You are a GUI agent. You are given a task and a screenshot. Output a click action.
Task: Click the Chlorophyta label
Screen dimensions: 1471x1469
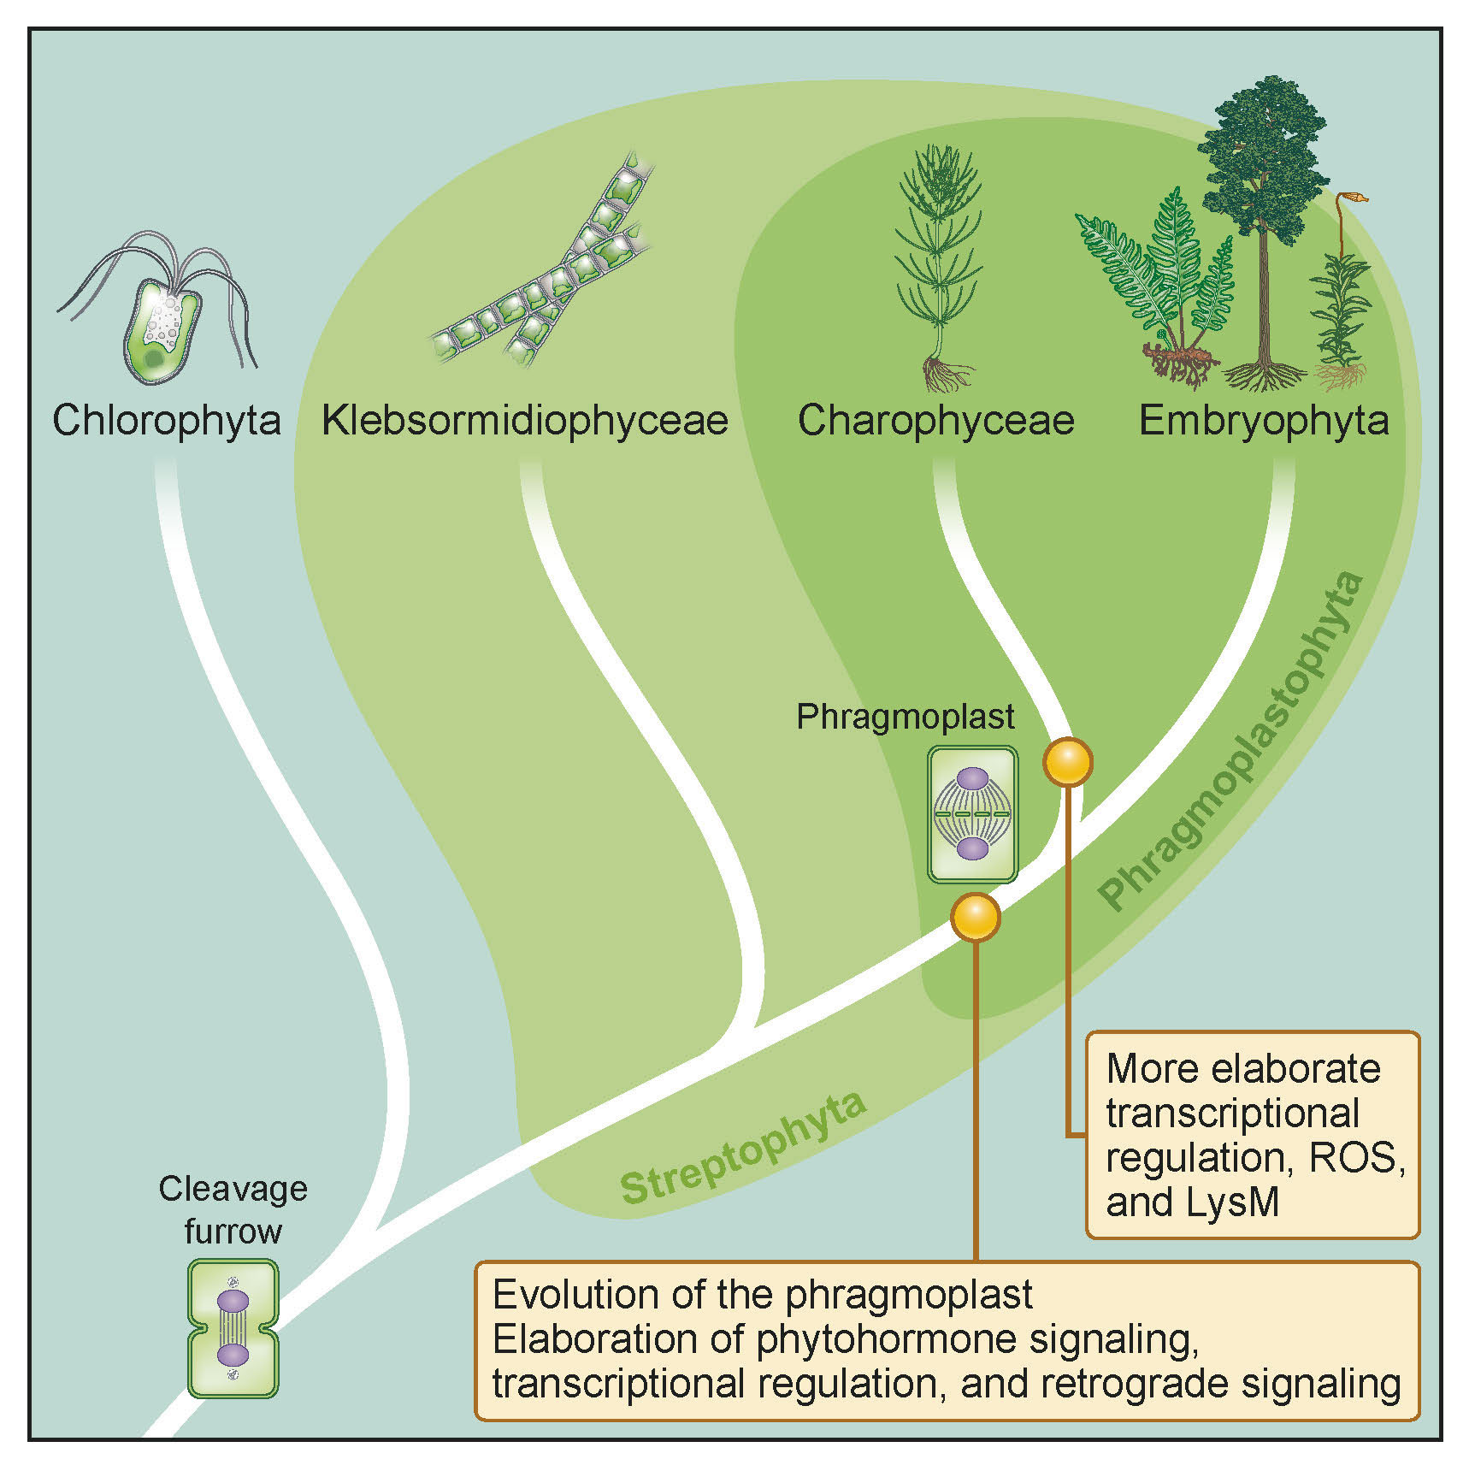click(x=167, y=421)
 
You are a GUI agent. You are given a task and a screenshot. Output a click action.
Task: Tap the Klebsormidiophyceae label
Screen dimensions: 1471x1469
click(x=525, y=421)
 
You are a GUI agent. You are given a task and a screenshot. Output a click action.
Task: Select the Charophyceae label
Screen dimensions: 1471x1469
click(x=935, y=421)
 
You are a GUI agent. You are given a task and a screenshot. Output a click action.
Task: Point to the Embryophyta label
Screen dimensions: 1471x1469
click(x=1264, y=421)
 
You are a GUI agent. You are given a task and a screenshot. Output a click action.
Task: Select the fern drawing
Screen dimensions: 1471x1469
click(x=1154, y=282)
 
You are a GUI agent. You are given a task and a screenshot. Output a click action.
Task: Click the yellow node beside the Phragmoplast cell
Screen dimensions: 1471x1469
click(x=976, y=916)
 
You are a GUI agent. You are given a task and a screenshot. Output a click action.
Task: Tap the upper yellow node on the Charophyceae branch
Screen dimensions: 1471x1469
click(x=1068, y=761)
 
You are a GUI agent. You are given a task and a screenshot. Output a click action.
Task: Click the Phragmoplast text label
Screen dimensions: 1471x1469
click(x=905, y=717)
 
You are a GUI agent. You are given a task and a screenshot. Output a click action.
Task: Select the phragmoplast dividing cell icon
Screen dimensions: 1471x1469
click(x=972, y=814)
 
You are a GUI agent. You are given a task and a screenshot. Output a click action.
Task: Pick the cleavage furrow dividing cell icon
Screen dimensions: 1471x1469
click(x=233, y=1328)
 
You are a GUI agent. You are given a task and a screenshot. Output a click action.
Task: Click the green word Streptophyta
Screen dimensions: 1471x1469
click(x=742, y=1147)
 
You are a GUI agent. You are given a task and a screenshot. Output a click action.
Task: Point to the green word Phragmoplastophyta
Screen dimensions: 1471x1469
click(x=1231, y=740)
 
